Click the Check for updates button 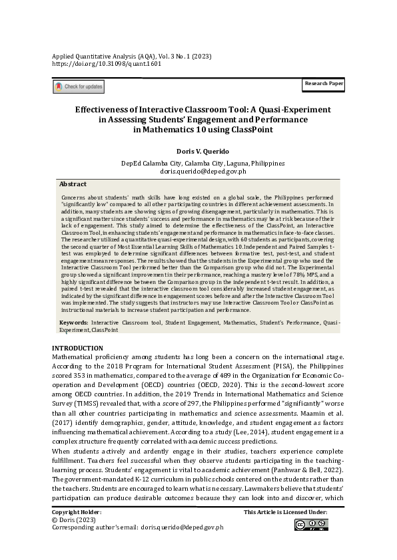click(x=79, y=86)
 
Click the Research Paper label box click(x=324, y=84)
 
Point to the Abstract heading click(x=73, y=184)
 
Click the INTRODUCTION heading click(x=77, y=348)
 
